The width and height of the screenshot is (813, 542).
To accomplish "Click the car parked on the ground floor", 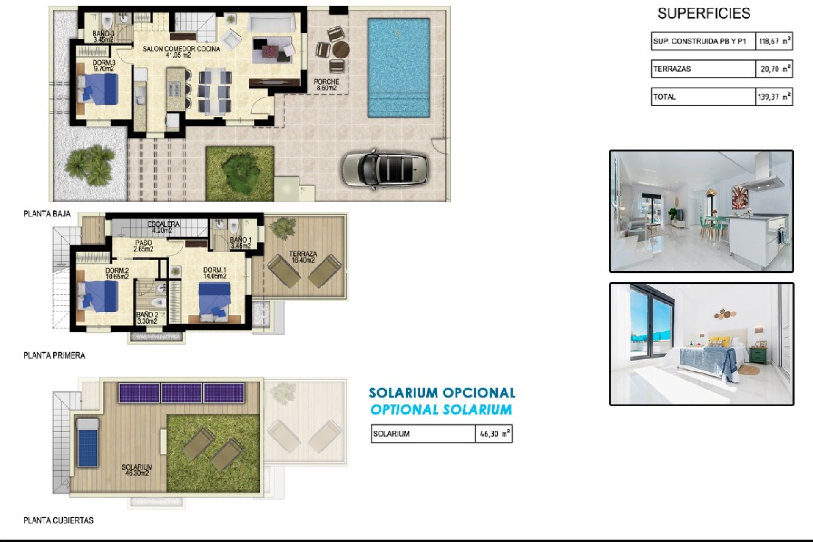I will pos(384,169).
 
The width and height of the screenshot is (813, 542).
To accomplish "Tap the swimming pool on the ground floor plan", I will pos(398,68).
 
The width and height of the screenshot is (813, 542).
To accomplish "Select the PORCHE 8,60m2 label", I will pos(326,85).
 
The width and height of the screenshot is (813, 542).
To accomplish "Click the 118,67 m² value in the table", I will pos(774,41).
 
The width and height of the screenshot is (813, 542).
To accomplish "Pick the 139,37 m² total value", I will pos(774,97).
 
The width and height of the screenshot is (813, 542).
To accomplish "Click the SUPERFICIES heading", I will pos(704,14).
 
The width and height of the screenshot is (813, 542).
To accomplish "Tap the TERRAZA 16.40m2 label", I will pos(303,257).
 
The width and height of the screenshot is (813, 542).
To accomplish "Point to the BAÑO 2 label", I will pos(147,318).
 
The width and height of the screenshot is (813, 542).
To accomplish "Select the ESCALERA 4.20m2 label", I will pos(163,227).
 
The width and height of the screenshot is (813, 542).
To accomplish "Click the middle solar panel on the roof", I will pos(181,393).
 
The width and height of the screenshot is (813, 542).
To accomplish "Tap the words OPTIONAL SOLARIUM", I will pos(441,410).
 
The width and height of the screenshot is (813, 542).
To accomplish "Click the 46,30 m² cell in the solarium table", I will pos(494,434).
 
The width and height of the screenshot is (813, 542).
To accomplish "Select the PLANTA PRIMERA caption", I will pos(54,356).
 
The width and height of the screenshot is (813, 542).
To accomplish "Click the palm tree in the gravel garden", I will pos(90,165).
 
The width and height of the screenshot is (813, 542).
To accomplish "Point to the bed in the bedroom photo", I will pos(711,360).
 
